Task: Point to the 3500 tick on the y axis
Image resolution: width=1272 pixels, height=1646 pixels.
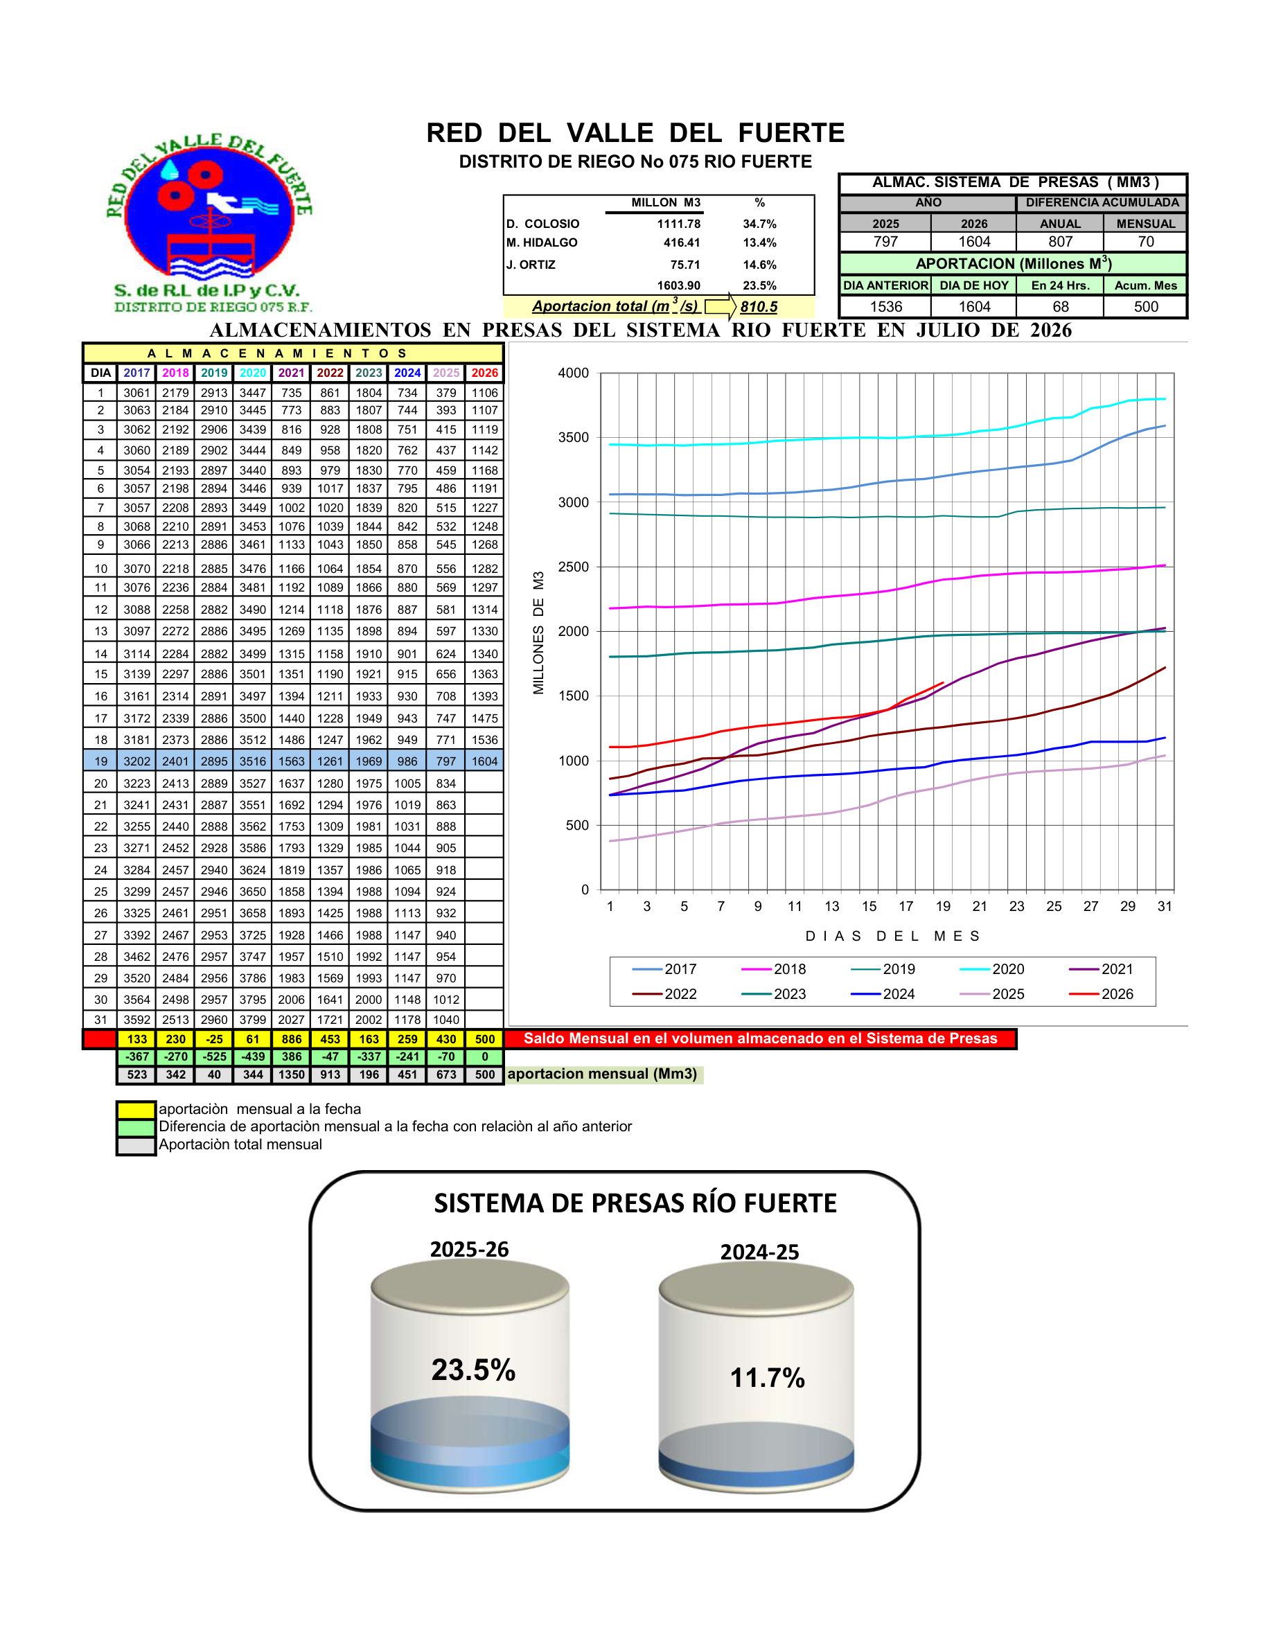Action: pyautogui.click(x=574, y=438)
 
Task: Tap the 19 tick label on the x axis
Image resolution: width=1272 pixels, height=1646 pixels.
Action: pyautogui.click(x=943, y=907)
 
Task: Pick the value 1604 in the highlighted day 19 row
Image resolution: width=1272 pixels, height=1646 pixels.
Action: pyautogui.click(x=484, y=762)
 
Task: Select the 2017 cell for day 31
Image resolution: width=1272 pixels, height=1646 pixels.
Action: pyautogui.click(x=137, y=1020)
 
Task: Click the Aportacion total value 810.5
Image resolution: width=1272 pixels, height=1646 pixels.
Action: pyautogui.click(x=758, y=307)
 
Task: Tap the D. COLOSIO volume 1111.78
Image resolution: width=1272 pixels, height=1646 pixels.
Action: pyautogui.click(x=678, y=224)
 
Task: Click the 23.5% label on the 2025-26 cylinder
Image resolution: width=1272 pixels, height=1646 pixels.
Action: pyautogui.click(x=473, y=1370)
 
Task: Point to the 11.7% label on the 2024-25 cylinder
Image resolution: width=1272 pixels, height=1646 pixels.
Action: pyautogui.click(x=767, y=1378)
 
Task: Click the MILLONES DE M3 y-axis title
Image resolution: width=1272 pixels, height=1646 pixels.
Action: pyautogui.click(x=538, y=633)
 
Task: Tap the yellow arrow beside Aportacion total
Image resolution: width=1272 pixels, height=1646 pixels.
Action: pyautogui.click(x=721, y=306)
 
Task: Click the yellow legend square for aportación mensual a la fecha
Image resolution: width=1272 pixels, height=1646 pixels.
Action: pyautogui.click(x=136, y=1109)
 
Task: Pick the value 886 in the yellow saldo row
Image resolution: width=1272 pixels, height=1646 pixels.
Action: pyautogui.click(x=292, y=1039)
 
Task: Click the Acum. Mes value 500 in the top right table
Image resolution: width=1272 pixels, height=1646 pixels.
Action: pyautogui.click(x=1145, y=307)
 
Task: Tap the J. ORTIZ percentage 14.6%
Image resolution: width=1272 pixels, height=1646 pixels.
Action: pyautogui.click(x=759, y=265)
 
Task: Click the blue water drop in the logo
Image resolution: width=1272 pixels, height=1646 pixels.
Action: pyautogui.click(x=171, y=168)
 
